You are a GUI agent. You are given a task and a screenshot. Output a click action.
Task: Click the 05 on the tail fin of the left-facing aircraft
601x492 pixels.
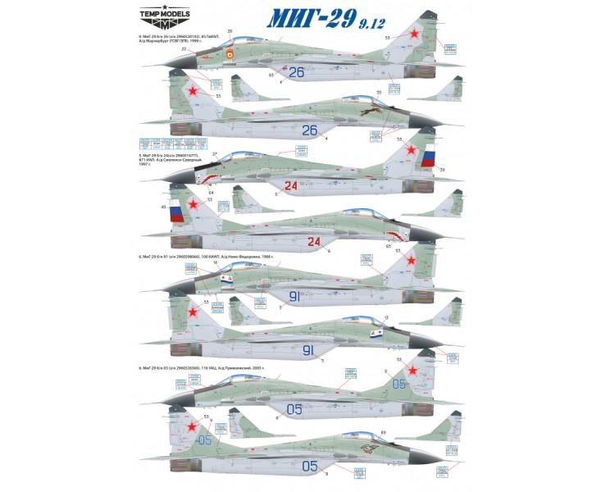click(x=399, y=382)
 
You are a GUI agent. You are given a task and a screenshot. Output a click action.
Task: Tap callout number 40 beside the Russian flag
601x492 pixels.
click(x=162, y=207)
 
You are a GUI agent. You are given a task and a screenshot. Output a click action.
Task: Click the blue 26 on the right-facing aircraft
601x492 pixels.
click(x=309, y=130)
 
